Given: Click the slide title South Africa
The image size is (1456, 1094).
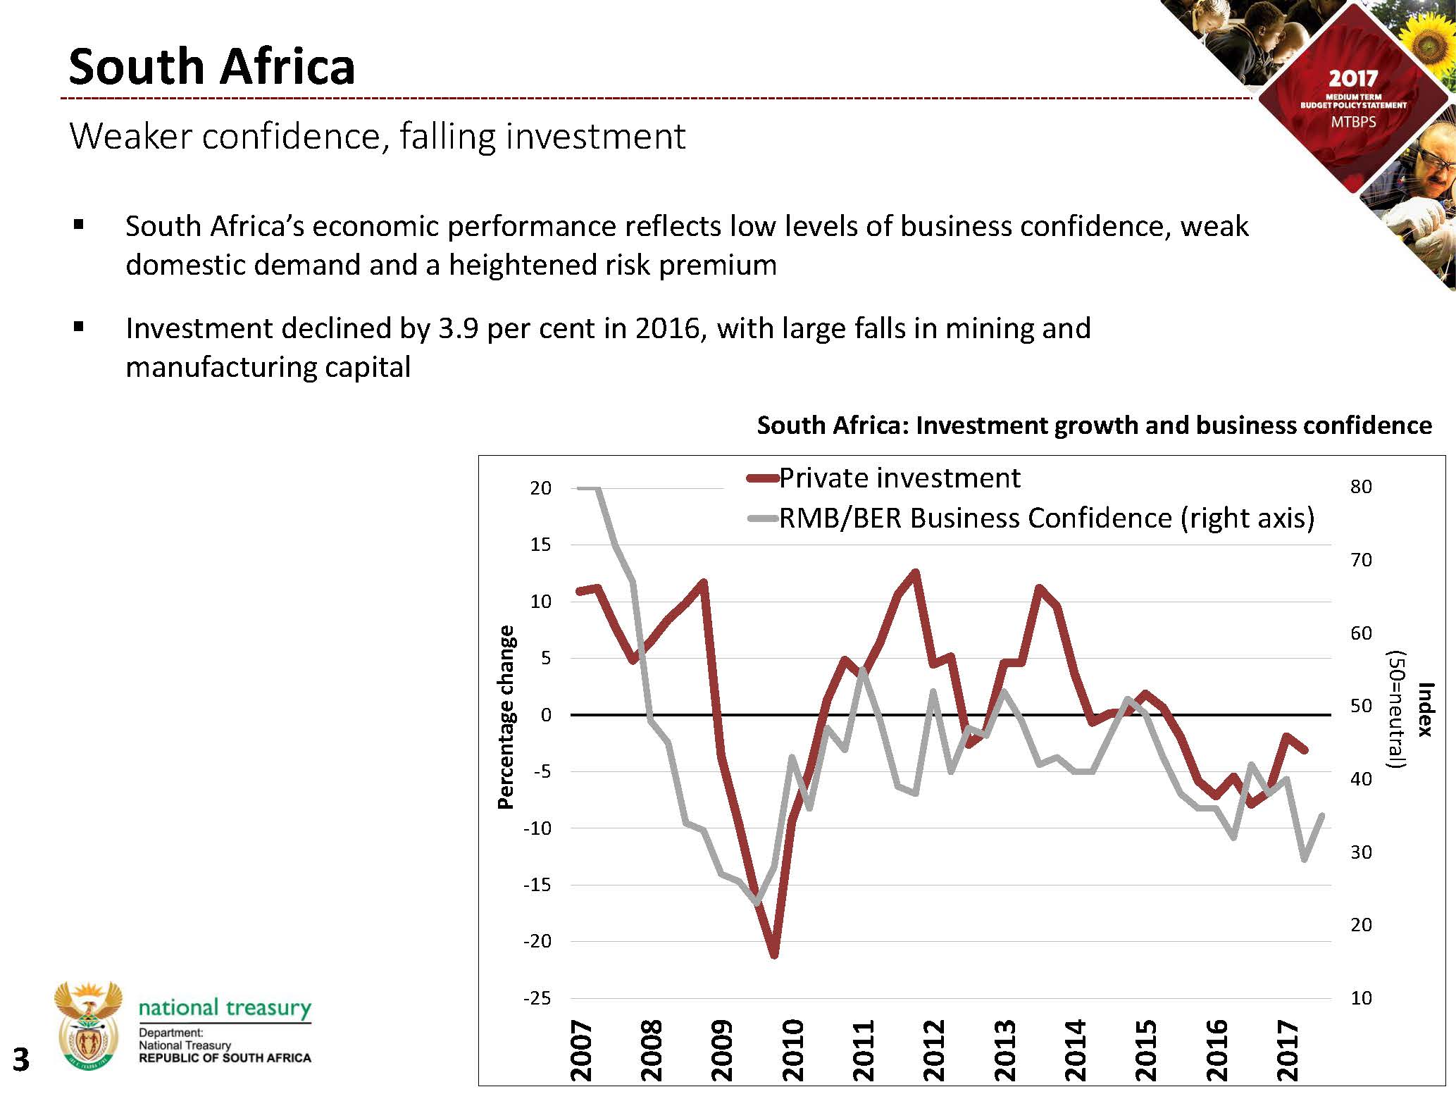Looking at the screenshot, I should (x=211, y=67).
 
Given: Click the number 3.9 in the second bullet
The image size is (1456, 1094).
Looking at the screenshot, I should (x=456, y=329).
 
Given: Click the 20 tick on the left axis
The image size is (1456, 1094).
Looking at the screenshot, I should (x=540, y=488).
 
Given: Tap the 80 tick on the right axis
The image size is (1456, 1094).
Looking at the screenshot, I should (x=1361, y=487).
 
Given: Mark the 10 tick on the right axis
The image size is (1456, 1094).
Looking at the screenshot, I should (x=1361, y=998).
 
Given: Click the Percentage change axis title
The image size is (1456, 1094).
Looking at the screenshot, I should (x=506, y=716).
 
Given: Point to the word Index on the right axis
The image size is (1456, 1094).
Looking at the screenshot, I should (x=1424, y=709).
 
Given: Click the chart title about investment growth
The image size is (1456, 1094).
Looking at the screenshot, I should (x=1094, y=425).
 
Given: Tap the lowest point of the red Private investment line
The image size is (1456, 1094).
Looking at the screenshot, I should (x=773, y=955).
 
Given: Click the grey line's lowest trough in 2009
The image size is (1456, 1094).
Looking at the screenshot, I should (x=757, y=902).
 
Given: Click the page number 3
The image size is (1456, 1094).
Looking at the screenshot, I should (x=21, y=1059).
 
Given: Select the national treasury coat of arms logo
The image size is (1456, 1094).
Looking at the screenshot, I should (x=88, y=1025).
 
